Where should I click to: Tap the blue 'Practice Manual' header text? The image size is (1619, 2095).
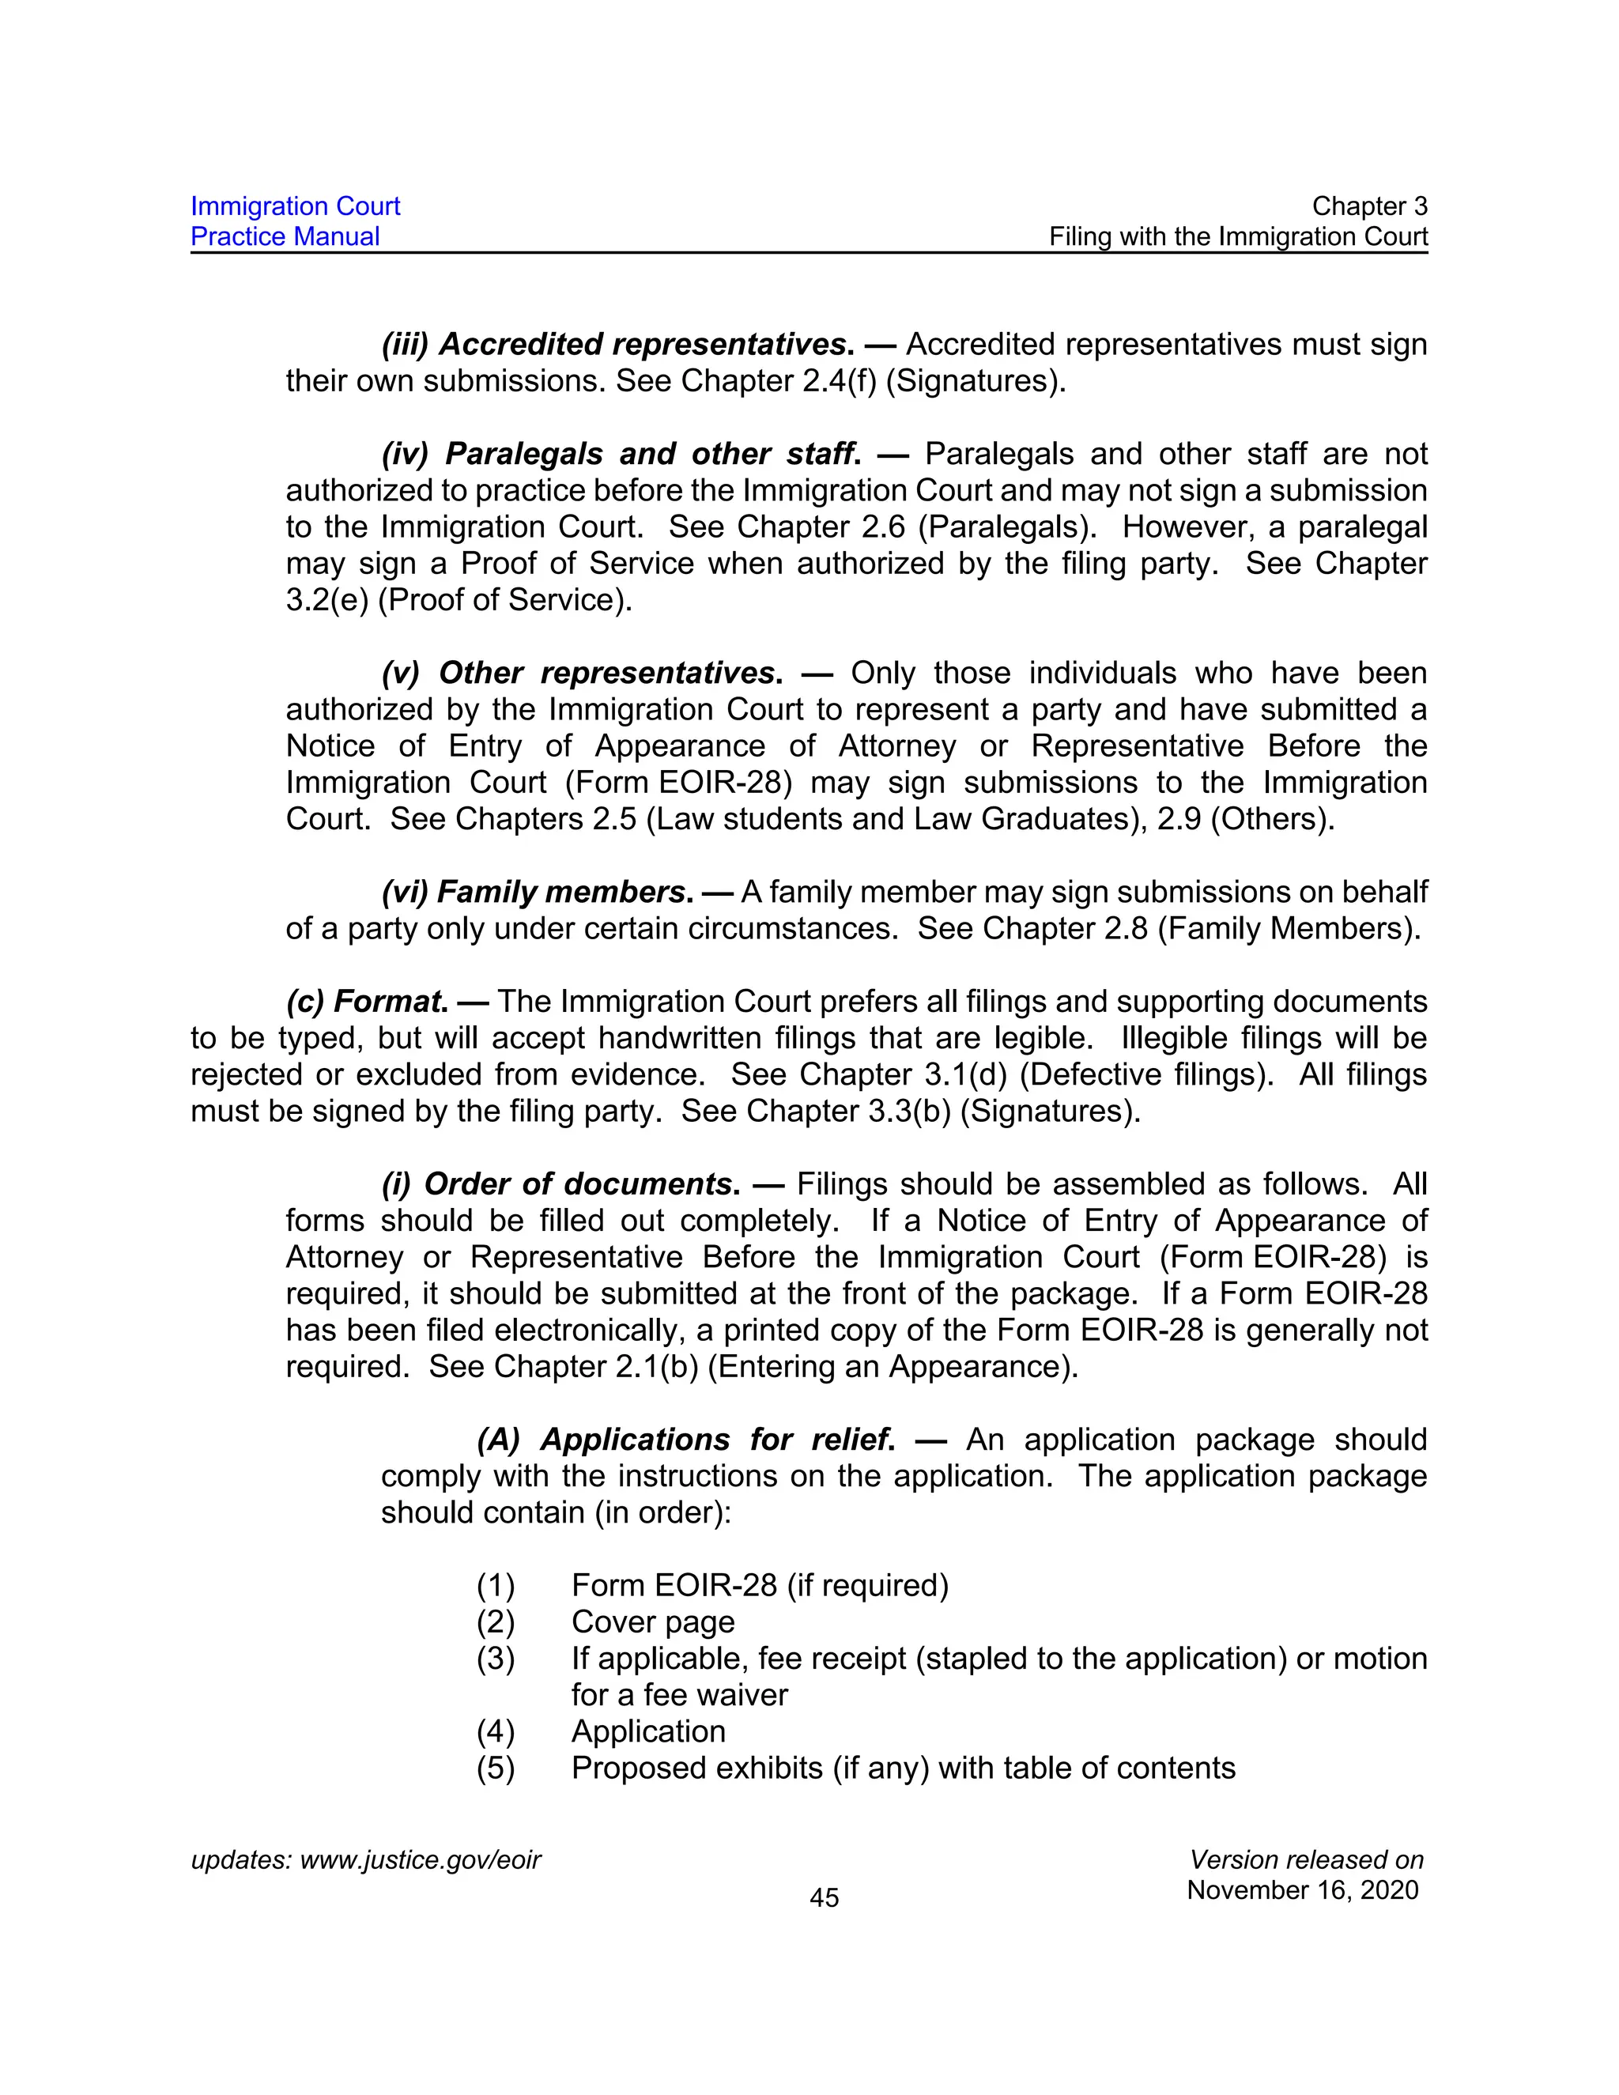pyautogui.click(x=285, y=237)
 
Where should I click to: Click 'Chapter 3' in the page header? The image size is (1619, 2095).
pyautogui.click(x=1368, y=206)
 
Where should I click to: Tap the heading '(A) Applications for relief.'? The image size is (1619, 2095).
pyautogui.click(x=685, y=1440)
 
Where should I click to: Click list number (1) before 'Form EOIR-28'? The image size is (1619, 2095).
pyautogui.click(x=496, y=1586)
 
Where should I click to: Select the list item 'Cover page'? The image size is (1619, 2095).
pyautogui.click(x=653, y=1622)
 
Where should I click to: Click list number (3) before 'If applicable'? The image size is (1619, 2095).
pyautogui.click(x=496, y=1659)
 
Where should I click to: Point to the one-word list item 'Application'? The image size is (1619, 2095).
pyautogui.click(x=648, y=1731)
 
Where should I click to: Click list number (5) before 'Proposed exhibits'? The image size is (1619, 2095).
pyautogui.click(x=496, y=1768)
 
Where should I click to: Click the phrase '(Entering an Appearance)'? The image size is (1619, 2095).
pyautogui.click(x=892, y=1367)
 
